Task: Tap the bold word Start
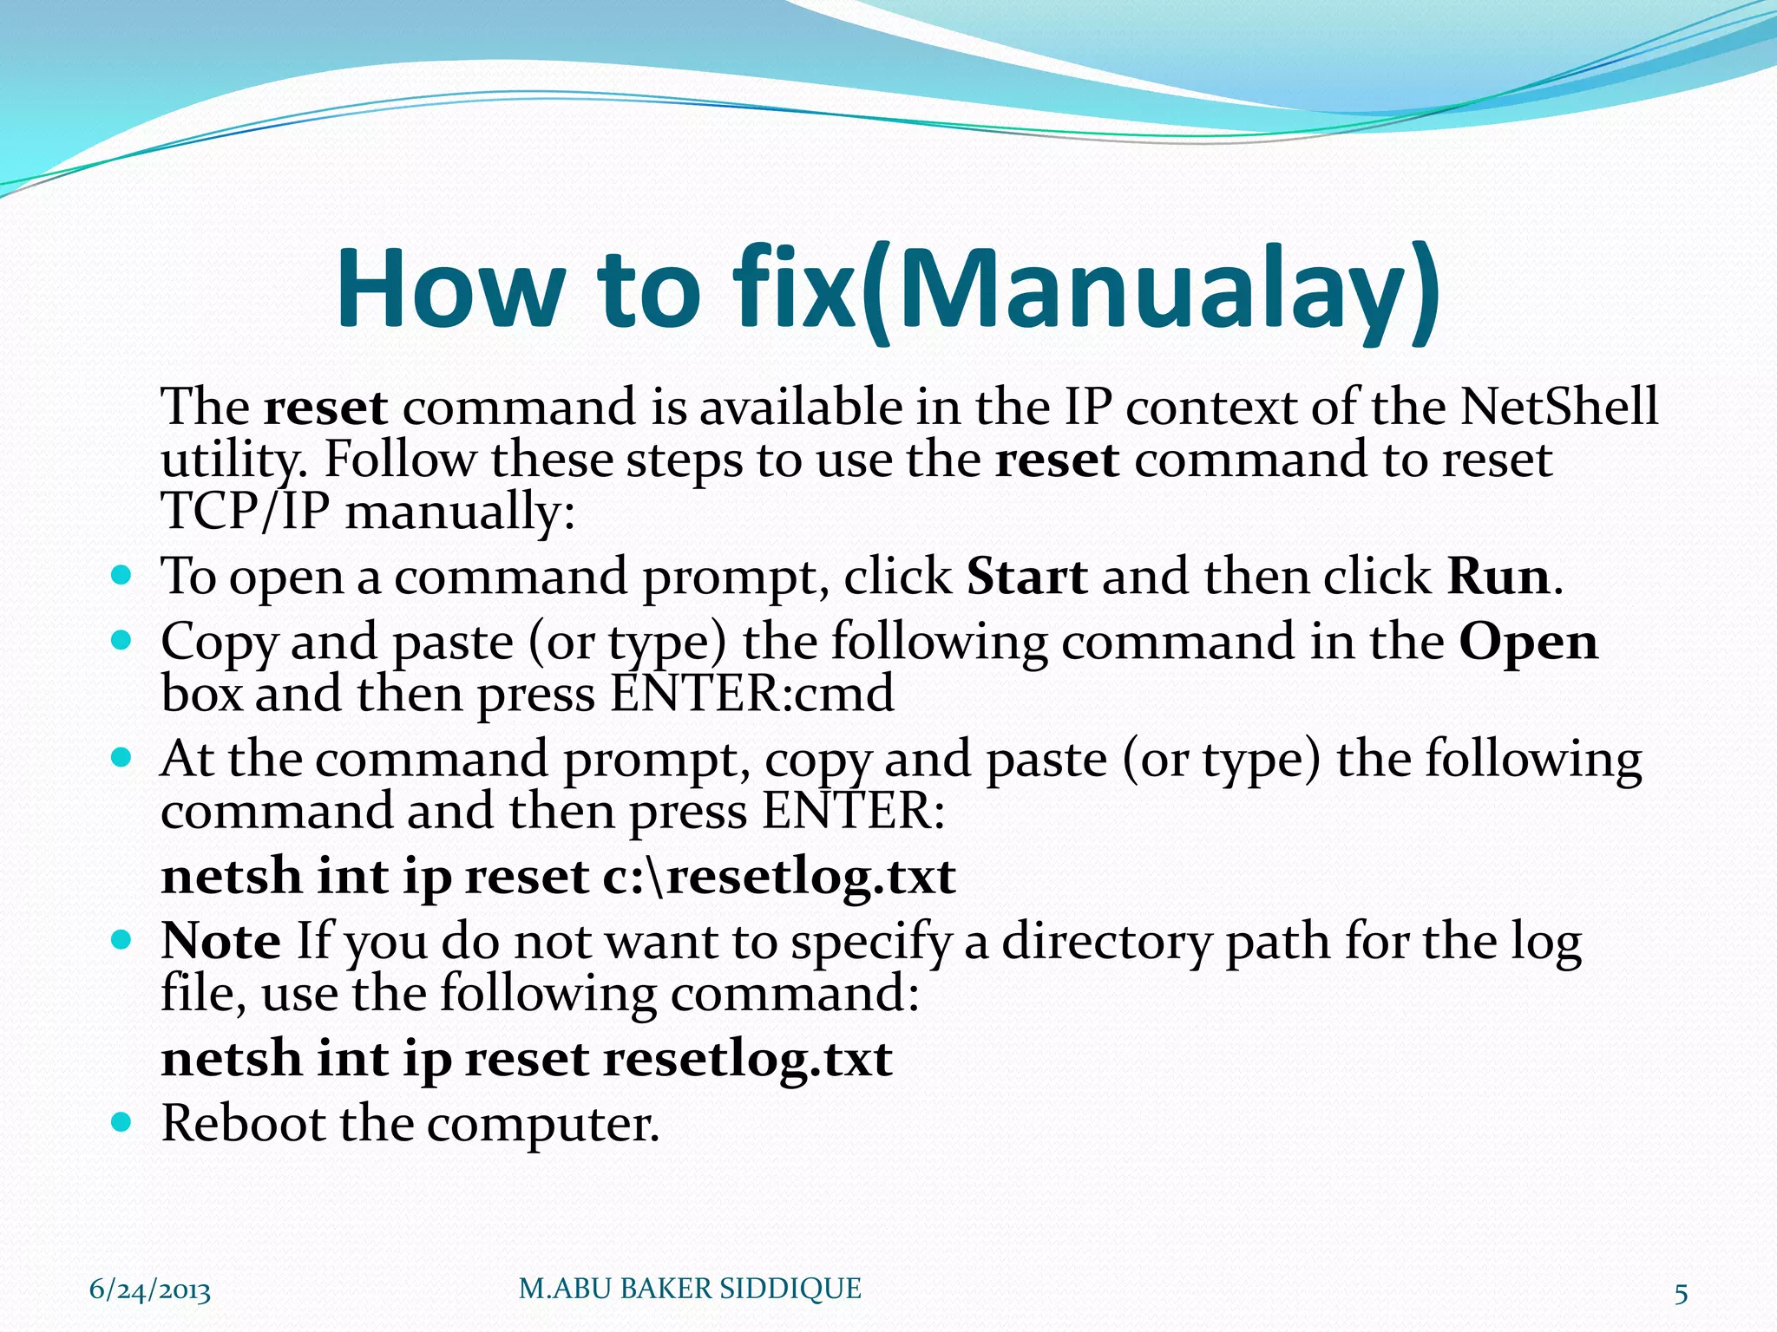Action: [1026, 577]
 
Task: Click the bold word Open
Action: [1528, 643]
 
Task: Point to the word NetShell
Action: [1558, 407]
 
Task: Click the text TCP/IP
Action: [246, 512]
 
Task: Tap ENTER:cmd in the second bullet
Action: [751, 695]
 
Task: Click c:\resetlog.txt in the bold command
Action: [778, 877]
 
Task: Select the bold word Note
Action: [220, 942]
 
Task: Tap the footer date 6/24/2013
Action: [150, 1290]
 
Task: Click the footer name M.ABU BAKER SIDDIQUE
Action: [690, 1289]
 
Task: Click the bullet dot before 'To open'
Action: [121, 575]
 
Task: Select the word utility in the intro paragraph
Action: [233, 461]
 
